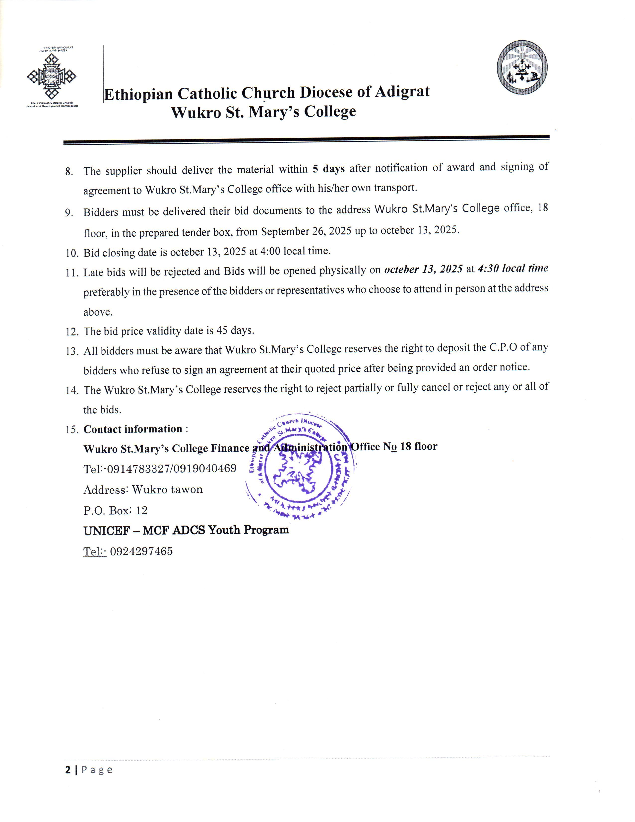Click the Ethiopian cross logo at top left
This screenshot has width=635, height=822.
[52, 76]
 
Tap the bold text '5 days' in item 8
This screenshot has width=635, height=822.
[328, 169]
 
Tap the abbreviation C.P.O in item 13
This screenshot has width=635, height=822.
[503, 347]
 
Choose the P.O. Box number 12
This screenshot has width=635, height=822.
[142, 510]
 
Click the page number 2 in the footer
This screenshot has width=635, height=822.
[68, 770]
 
